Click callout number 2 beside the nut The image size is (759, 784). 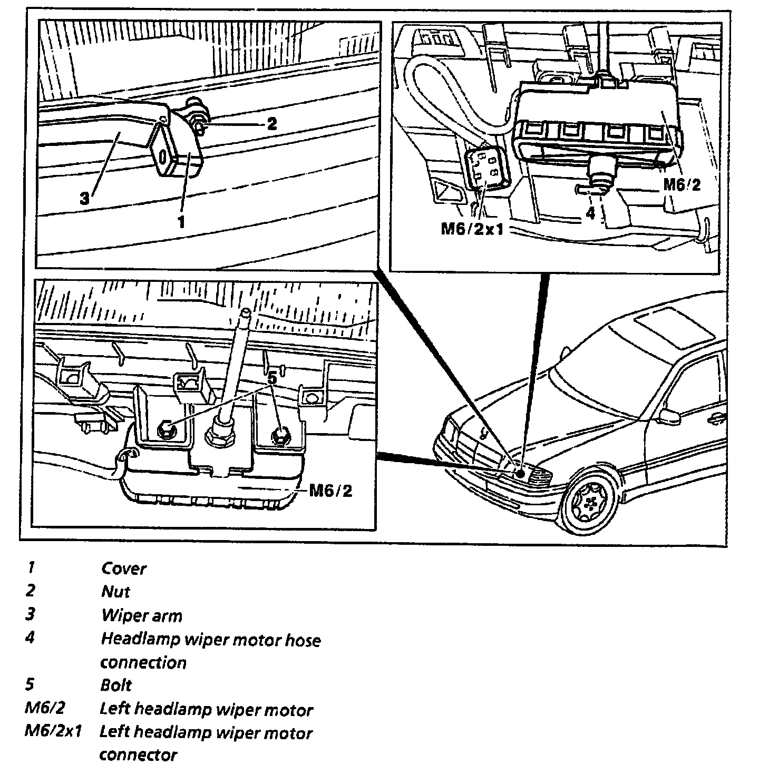271,124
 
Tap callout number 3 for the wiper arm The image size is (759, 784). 85,199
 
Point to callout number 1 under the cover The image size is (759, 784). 181,222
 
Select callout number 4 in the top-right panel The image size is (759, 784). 590,213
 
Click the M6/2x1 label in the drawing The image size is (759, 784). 472,229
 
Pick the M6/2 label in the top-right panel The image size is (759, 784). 682,184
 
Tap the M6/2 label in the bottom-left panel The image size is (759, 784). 330,491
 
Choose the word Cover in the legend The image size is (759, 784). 124,569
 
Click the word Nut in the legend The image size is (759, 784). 115,592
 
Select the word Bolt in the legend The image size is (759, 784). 116,685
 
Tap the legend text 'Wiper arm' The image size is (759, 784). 141,615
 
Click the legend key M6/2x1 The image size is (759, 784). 53,731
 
